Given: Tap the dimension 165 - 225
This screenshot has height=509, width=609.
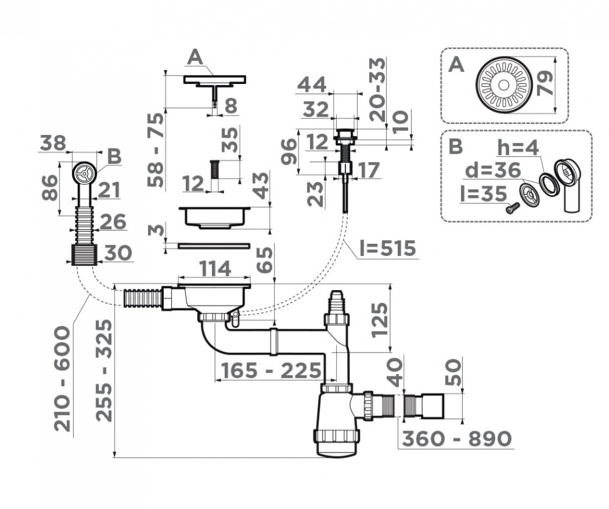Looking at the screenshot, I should tap(271, 370).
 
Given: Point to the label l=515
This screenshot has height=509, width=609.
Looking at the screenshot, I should tap(388, 248).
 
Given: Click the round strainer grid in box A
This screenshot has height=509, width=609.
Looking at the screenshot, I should tap(504, 85).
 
